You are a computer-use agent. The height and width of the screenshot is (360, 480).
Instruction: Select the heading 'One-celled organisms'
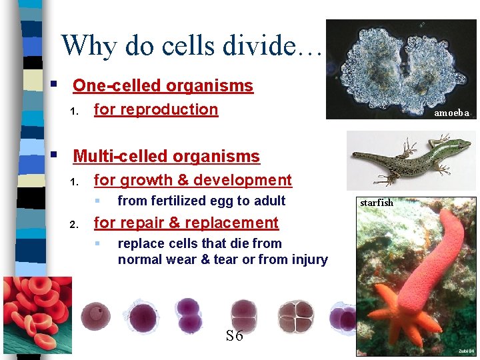tap(163, 86)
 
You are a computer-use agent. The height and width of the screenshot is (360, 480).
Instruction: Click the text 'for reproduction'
tap(156, 109)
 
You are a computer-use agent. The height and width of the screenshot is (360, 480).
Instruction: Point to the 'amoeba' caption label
tap(451, 113)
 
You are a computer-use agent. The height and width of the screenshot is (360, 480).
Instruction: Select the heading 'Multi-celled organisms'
tap(166, 157)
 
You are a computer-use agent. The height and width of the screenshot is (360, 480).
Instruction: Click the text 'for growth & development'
tap(193, 180)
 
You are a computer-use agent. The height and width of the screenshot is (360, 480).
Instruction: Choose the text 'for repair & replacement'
tap(186, 223)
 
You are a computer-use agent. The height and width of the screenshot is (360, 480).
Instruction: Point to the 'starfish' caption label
tap(377, 202)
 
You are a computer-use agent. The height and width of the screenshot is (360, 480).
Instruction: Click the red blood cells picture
tap(37, 313)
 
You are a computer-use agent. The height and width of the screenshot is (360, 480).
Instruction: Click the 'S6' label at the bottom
tap(234, 336)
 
